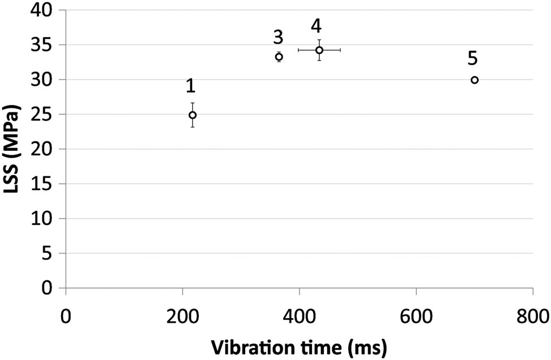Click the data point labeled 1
pos(193,115)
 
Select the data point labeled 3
pos(279,57)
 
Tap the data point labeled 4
pos(319,50)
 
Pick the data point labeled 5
pos(475,80)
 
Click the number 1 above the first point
pos(190,86)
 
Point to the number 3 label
pos(277,37)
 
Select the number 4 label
pos(317,26)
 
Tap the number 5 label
pos(473,58)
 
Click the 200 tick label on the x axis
pos(183,314)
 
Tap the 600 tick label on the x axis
pos(416,314)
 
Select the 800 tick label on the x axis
pos(532,314)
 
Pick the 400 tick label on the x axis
pos(300,314)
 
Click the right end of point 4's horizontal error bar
pos(340,50)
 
